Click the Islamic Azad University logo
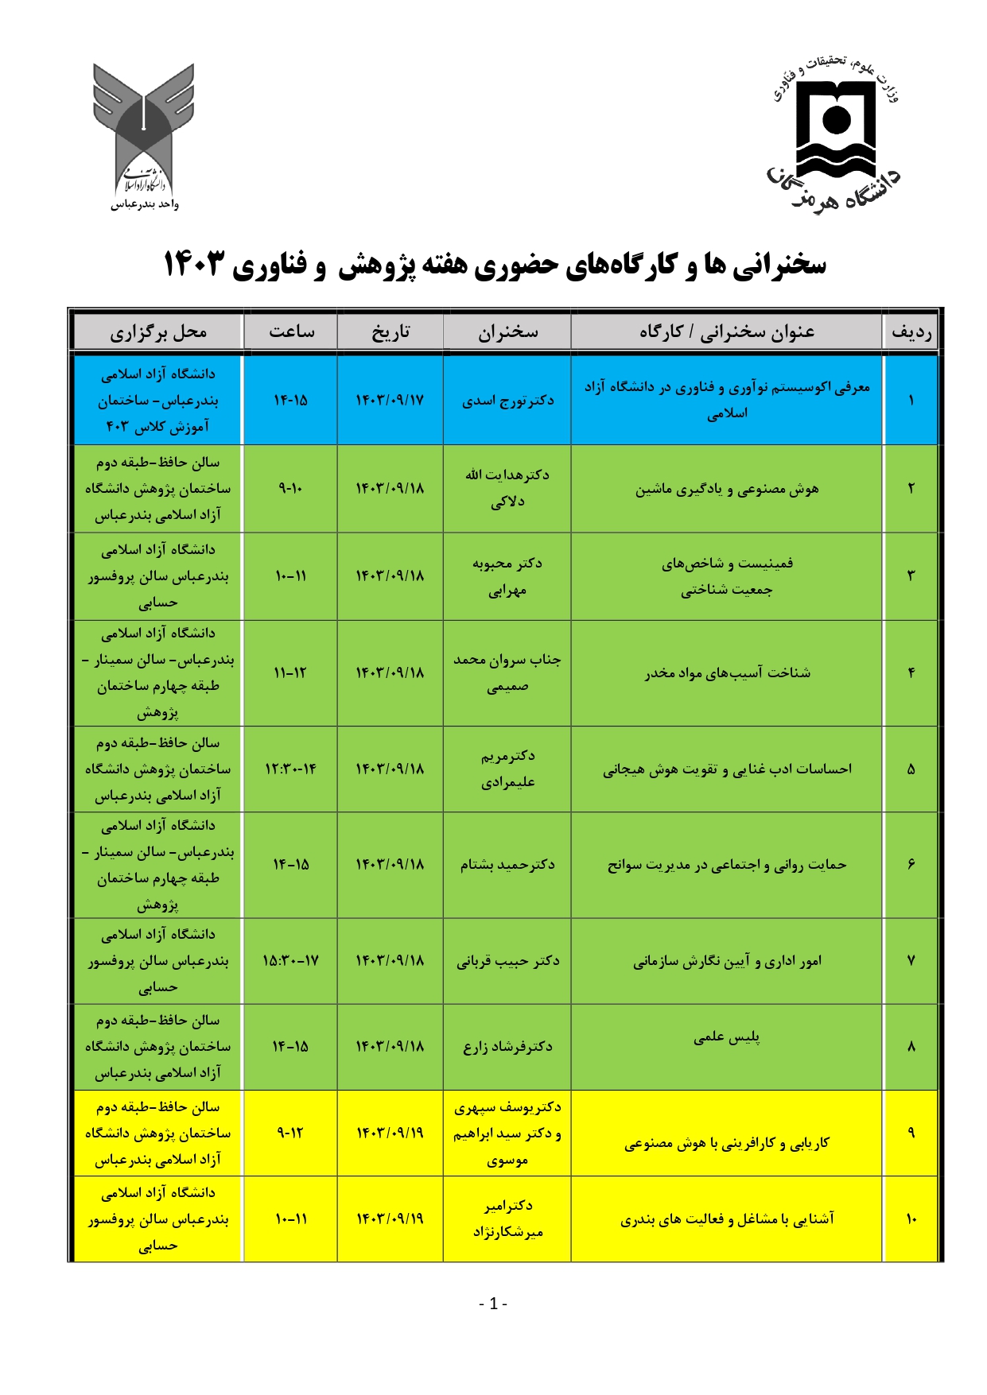[x=144, y=135]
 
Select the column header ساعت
[x=291, y=332]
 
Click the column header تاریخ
[x=390, y=332]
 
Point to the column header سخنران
[x=507, y=332]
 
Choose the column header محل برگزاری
[x=157, y=332]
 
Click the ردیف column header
[x=911, y=332]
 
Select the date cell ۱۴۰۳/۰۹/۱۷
[x=390, y=400]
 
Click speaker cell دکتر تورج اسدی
[x=507, y=400]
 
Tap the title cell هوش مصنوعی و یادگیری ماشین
[x=726, y=489]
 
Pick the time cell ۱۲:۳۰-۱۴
[x=291, y=769]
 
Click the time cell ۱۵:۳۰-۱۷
[x=291, y=960]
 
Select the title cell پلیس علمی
[x=726, y=1037]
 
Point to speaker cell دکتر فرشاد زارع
[x=507, y=1046]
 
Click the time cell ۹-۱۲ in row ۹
[x=291, y=1133]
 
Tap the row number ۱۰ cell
[x=911, y=1219]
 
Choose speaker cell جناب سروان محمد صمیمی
[x=507, y=672]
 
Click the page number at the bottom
[x=493, y=1304]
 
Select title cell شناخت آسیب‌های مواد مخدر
[x=726, y=672]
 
